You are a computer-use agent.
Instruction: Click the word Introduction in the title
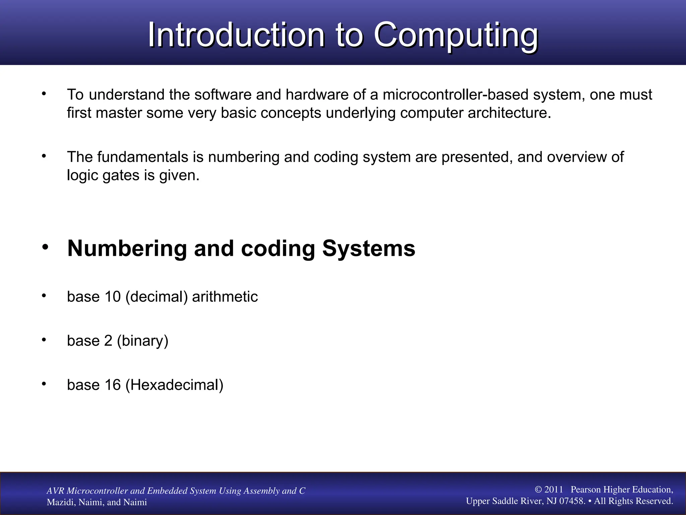coord(236,35)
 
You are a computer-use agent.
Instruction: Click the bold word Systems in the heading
coord(368,248)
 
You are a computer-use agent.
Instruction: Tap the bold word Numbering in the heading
coord(127,248)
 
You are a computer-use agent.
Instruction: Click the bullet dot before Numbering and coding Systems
coord(45,247)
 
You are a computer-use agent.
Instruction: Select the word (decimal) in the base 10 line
coord(156,297)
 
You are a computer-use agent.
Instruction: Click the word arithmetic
coord(225,297)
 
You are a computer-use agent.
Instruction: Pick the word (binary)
coord(142,341)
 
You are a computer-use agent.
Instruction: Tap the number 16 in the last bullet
coord(113,385)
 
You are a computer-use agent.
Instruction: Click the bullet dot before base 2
coord(44,340)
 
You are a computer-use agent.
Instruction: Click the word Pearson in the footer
coord(586,490)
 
